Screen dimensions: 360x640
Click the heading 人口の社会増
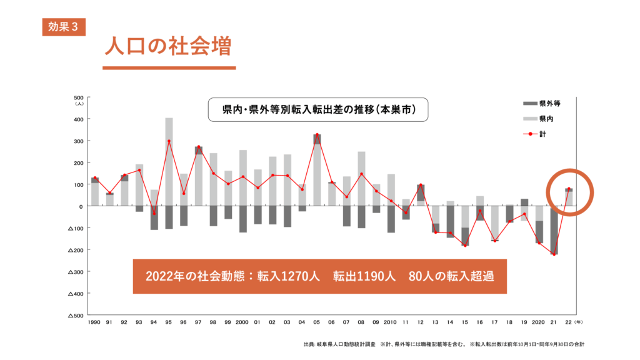(x=167, y=47)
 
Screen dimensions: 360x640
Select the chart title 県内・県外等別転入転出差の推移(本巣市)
(x=317, y=109)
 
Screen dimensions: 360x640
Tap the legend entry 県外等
(x=550, y=103)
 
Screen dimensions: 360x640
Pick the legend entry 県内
(x=546, y=118)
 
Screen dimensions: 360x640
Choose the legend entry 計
(x=542, y=133)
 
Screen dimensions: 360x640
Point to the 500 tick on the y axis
(x=79, y=97)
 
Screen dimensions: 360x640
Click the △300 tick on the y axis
(x=76, y=272)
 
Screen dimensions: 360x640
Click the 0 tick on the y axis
(x=81, y=206)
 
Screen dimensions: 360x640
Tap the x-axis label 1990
(x=95, y=322)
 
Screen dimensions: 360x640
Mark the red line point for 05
(x=317, y=135)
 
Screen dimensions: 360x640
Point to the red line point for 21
(x=554, y=254)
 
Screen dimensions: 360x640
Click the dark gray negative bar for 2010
(x=391, y=219)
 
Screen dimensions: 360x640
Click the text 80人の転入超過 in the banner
(x=451, y=276)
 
